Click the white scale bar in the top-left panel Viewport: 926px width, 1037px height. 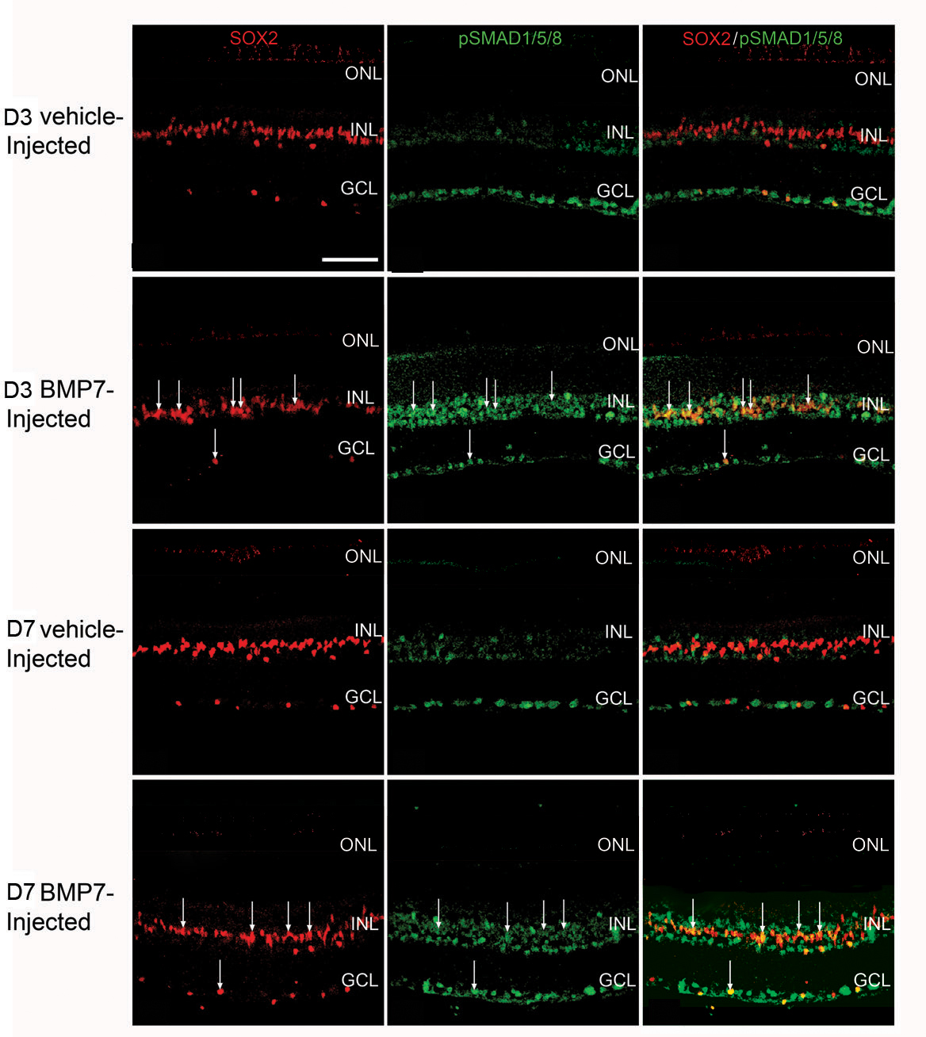click(350, 258)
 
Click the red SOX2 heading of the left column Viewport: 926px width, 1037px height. click(254, 38)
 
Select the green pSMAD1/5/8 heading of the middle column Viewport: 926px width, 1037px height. click(510, 38)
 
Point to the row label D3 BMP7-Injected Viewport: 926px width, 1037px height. click(59, 404)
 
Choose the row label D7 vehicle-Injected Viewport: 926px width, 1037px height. click(64, 644)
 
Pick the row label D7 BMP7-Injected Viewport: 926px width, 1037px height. click(60, 907)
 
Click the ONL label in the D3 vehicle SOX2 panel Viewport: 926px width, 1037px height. click(363, 74)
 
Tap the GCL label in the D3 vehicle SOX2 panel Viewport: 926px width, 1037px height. click(358, 189)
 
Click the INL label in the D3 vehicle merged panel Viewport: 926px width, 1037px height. click(873, 136)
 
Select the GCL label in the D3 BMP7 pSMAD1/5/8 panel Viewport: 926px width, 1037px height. click(616, 452)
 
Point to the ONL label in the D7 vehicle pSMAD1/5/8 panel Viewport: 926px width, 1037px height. click(614, 558)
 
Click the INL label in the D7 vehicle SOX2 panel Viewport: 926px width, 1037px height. click(368, 630)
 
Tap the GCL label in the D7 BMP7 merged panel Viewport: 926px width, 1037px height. click(871, 981)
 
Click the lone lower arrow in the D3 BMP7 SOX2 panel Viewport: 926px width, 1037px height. click(215, 444)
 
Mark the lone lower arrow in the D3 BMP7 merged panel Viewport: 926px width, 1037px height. click(725, 445)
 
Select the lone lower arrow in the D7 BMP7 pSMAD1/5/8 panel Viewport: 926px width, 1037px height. click(474, 975)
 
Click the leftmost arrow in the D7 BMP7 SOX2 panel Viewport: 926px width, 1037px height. click(183, 912)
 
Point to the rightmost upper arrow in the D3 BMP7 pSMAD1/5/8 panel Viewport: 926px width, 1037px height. click(552, 385)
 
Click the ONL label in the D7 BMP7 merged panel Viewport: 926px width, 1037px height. click(870, 845)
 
